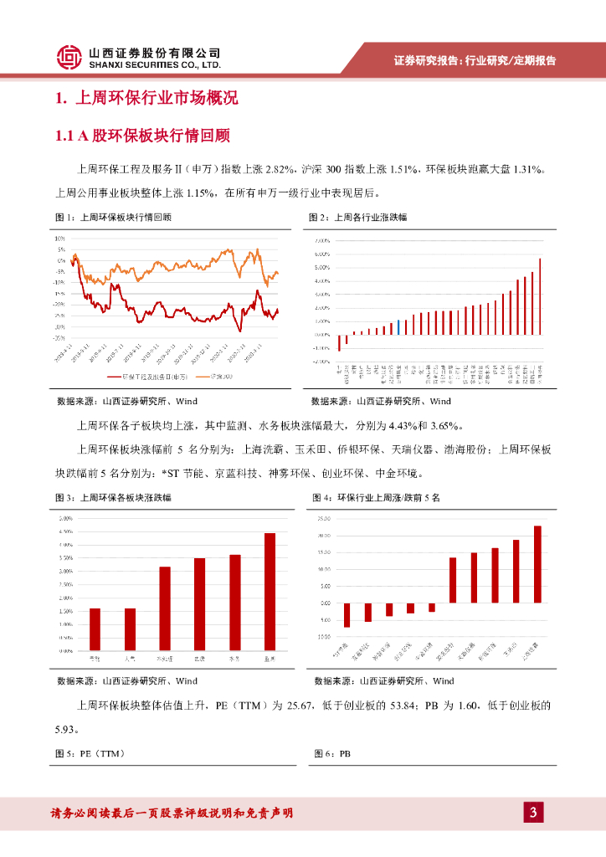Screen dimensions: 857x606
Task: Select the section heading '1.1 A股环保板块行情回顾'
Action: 142,135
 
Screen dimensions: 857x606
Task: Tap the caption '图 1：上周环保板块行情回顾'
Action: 113,217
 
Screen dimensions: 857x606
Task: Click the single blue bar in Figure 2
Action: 399,326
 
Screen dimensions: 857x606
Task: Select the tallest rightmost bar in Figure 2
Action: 540,295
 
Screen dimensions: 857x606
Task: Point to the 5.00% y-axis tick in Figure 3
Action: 65,519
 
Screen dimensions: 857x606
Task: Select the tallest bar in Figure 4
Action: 537,564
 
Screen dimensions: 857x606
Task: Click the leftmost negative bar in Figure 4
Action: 347,614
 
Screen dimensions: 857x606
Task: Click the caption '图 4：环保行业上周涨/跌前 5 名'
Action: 376,498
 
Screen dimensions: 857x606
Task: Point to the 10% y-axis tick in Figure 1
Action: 60,239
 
